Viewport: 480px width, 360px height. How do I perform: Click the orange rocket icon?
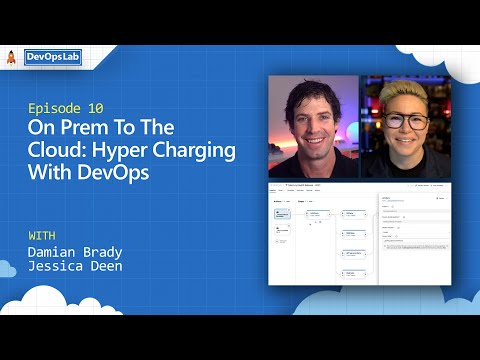[x=10, y=58]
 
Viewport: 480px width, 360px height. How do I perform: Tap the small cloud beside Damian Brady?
[x=7, y=267]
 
